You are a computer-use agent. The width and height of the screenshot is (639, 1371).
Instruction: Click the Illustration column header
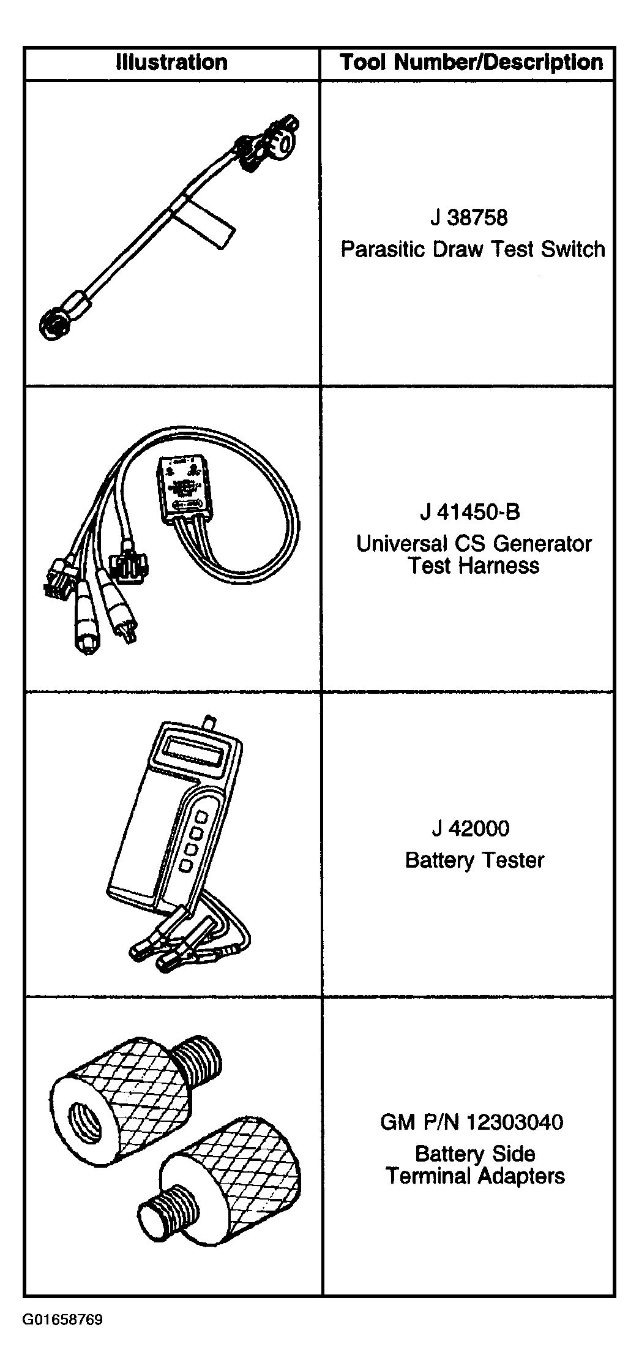[x=171, y=62]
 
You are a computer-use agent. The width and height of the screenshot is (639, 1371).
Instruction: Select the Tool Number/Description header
[x=471, y=62]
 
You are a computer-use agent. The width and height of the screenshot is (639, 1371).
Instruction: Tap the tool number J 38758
[x=469, y=217]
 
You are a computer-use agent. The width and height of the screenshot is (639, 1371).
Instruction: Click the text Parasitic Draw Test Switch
[x=473, y=249]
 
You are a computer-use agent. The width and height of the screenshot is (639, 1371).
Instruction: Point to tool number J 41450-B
[x=470, y=511]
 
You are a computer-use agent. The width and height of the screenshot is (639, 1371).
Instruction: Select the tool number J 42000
[x=471, y=828]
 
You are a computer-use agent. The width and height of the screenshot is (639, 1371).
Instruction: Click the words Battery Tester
[x=474, y=860]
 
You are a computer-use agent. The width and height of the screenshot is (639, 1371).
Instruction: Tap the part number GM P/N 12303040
[x=472, y=1122]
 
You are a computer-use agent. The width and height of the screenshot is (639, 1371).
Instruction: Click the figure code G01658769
[x=63, y=1320]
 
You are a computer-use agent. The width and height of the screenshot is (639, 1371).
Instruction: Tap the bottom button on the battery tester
[x=185, y=865]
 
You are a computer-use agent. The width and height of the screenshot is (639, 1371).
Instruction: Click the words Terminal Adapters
[x=475, y=1176]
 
